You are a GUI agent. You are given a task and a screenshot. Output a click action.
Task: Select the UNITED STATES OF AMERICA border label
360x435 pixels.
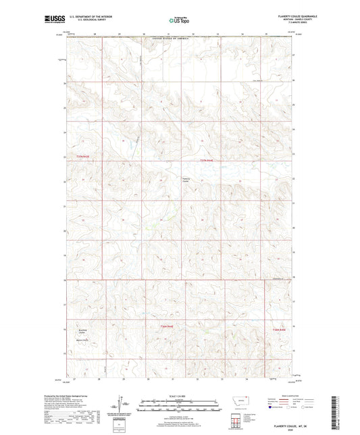[179, 41]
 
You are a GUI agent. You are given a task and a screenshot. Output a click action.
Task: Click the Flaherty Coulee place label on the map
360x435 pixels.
[187, 180]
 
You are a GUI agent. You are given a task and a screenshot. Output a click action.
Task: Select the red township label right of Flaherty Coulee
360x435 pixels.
[207, 159]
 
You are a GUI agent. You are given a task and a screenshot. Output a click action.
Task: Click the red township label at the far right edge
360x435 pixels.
[280, 329]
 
